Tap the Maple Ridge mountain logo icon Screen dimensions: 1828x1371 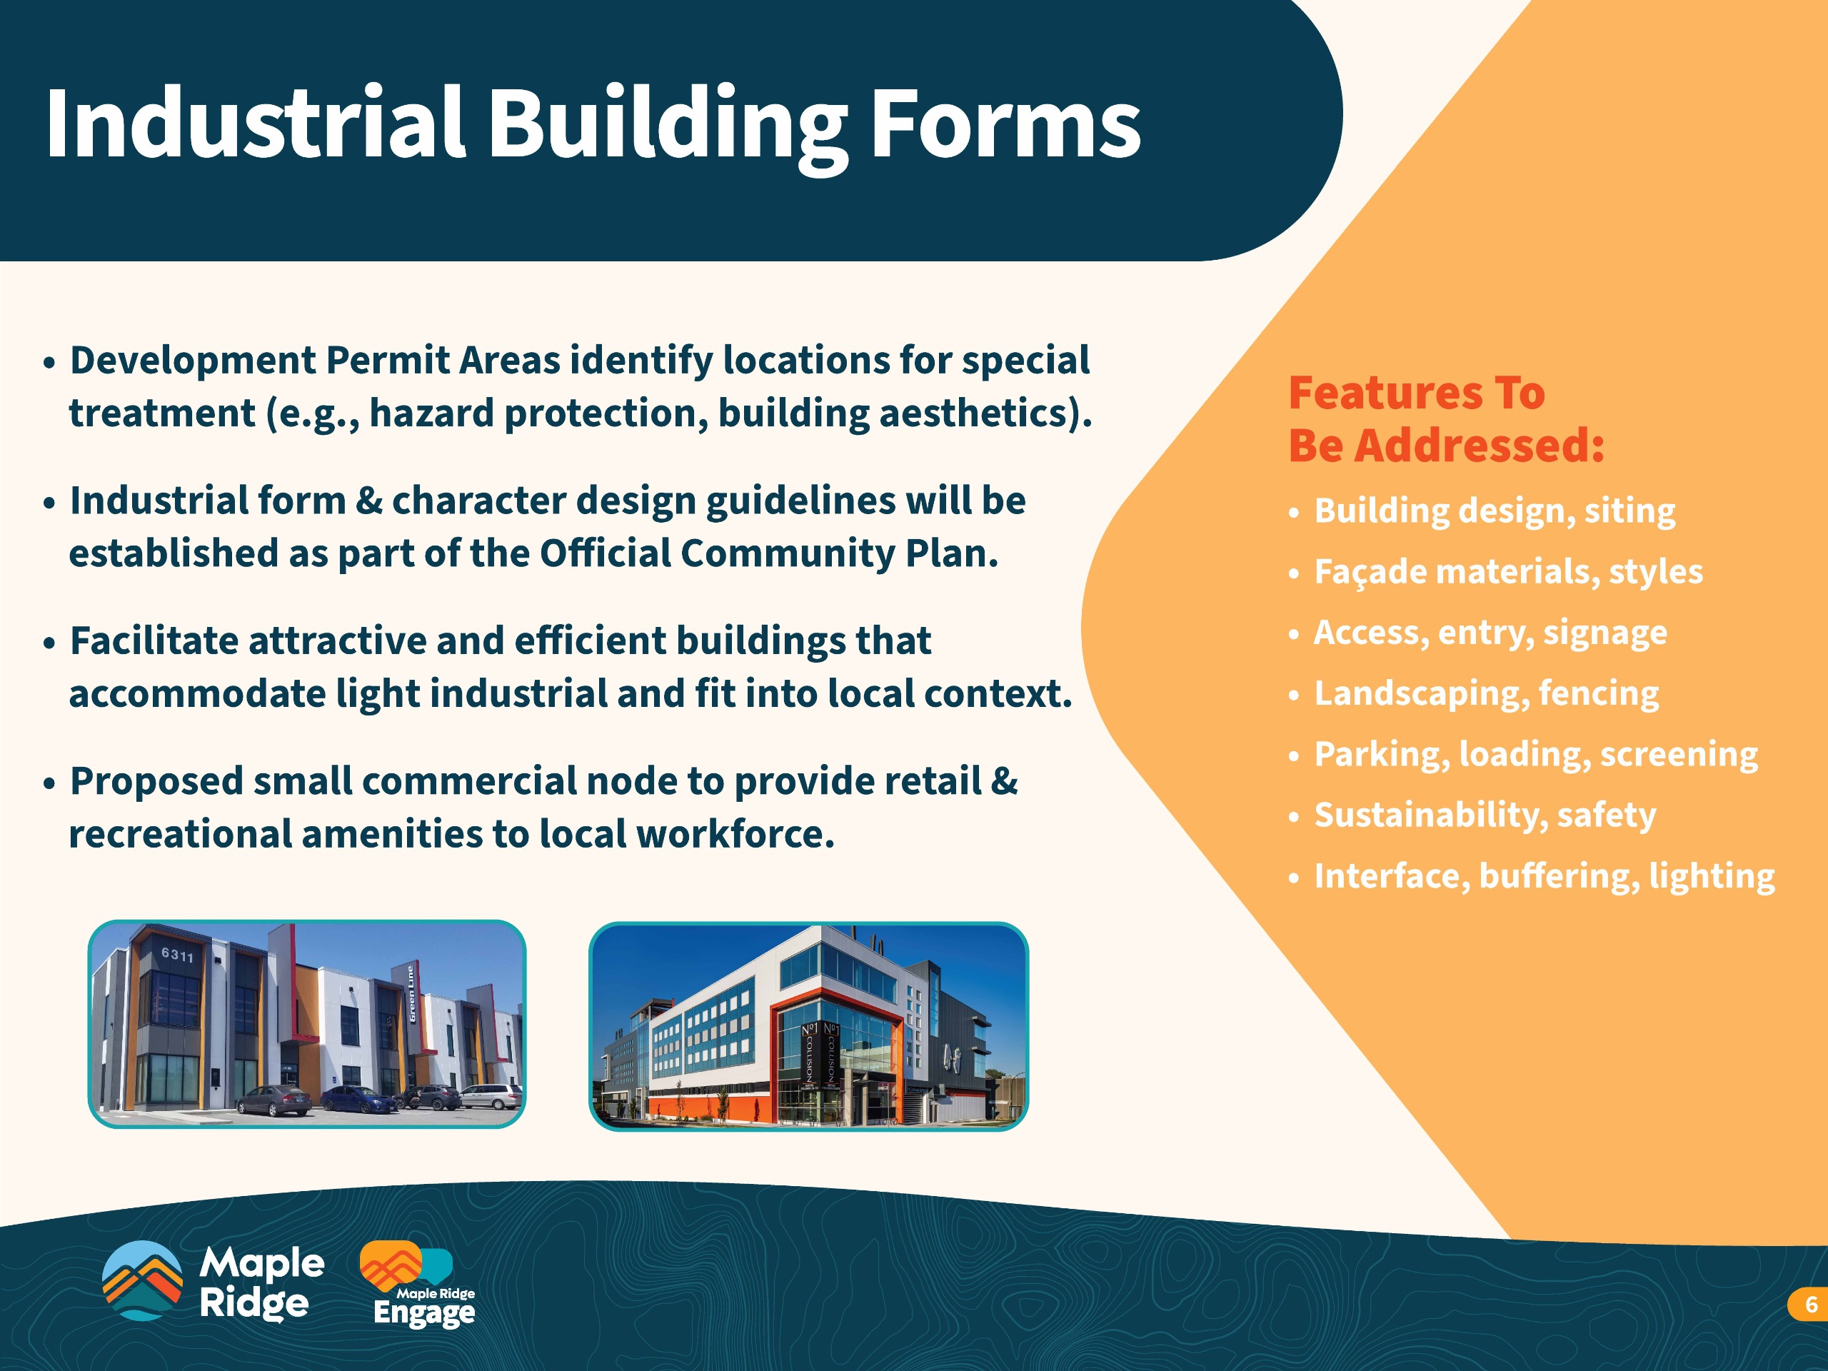pyautogui.click(x=141, y=1280)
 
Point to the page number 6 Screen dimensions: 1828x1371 pyautogui.click(x=1812, y=1304)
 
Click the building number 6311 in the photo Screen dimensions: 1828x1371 pyautogui.click(x=177, y=955)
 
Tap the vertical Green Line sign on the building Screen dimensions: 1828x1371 pyautogui.click(x=411, y=993)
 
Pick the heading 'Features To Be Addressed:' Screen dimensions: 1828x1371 pyautogui.click(x=1446, y=419)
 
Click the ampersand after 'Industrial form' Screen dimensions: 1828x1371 pyautogui.click(x=368, y=501)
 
